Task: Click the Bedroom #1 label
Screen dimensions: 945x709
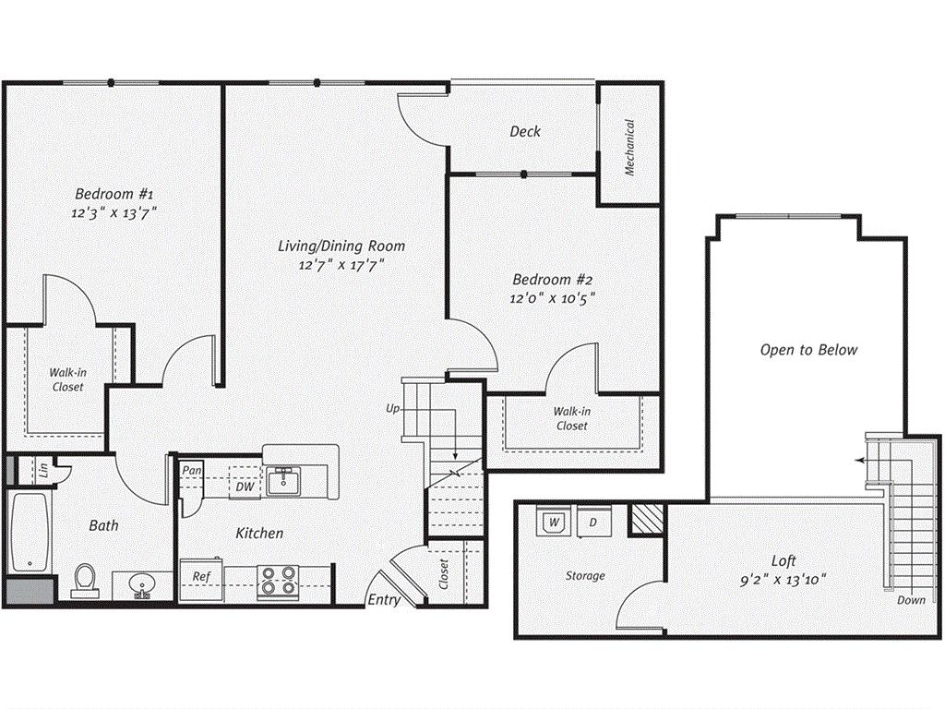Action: (114, 194)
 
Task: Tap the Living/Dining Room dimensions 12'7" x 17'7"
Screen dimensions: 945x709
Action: (341, 265)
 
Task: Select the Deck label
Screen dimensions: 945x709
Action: (525, 131)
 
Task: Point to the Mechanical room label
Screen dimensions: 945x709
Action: (629, 147)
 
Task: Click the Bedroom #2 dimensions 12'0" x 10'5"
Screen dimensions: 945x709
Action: (552, 298)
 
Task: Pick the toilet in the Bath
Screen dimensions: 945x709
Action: (85, 580)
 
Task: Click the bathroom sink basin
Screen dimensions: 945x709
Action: (142, 584)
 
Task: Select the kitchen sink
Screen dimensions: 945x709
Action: (283, 481)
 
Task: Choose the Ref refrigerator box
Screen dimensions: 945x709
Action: (201, 578)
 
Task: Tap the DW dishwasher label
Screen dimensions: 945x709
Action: (245, 487)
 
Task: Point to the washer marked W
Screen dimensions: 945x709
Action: (554, 521)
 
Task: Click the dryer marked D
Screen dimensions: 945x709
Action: (593, 521)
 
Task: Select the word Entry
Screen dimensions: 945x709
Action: (385, 600)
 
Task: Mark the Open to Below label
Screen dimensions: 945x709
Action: (808, 350)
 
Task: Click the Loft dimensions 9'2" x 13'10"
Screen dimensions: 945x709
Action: (783, 580)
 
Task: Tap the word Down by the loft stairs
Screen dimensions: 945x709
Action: (911, 600)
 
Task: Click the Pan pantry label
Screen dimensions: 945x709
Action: (192, 470)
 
